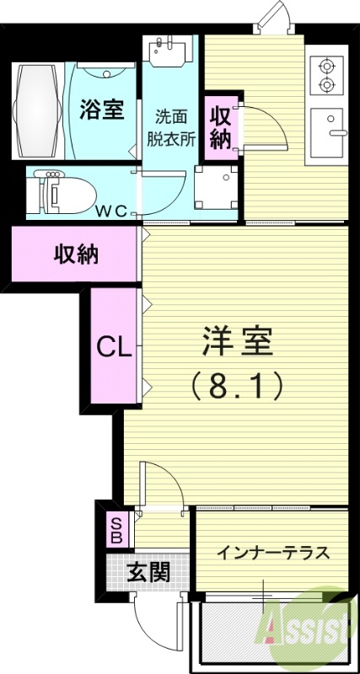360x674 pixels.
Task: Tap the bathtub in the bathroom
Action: pyautogui.click(x=39, y=110)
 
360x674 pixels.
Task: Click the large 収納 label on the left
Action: pyautogui.click(x=76, y=254)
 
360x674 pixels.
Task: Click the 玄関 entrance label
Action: pyautogui.click(x=148, y=572)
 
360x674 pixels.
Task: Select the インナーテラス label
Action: pyautogui.click(x=271, y=553)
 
